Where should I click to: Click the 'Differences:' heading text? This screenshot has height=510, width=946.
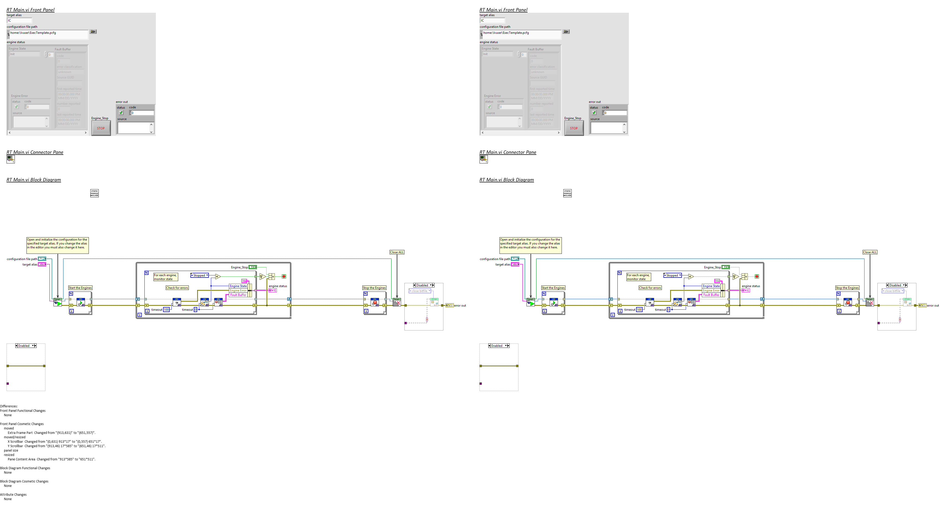(9, 406)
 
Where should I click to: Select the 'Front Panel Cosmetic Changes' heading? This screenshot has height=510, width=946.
(22, 424)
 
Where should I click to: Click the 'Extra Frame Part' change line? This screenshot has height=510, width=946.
(51, 433)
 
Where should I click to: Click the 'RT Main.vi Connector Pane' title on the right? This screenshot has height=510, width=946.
(508, 153)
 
